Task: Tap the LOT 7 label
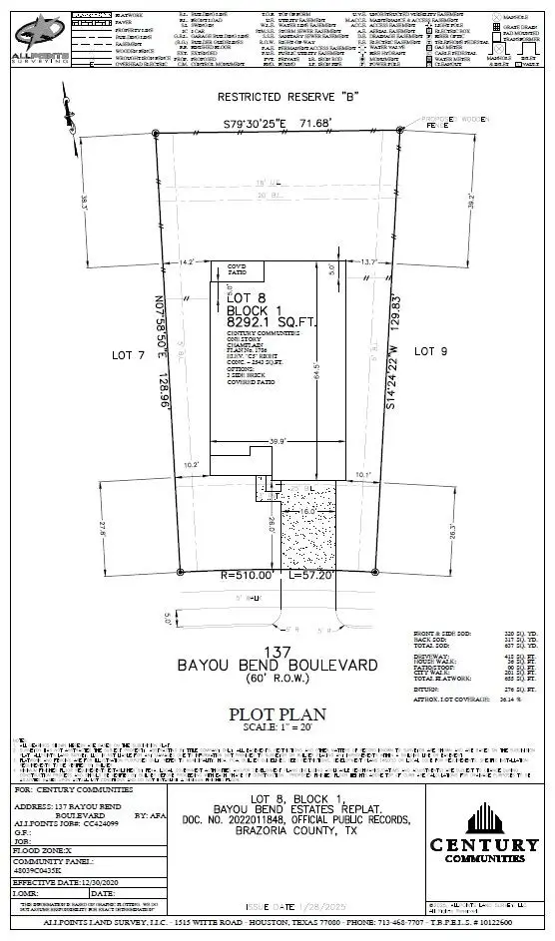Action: pyautogui.click(x=128, y=354)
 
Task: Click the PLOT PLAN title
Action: pyautogui.click(x=277, y=712)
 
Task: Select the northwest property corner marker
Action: pyautogui.click(x=157, y=133)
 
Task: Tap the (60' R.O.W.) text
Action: pyautogui.click(x=277, y=679)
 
